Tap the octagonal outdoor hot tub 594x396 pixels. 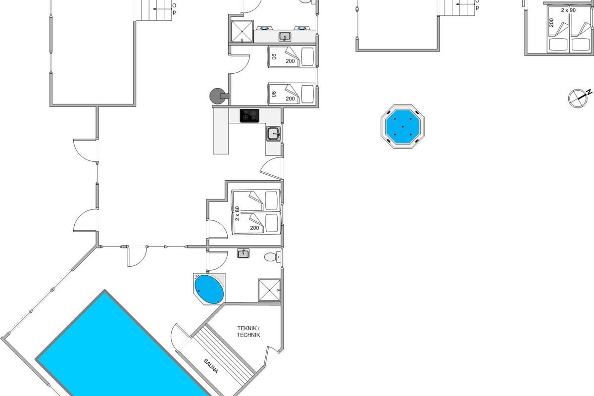click(402, 126)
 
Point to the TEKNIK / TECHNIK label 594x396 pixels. click(248, 332)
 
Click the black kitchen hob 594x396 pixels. click(249, 116)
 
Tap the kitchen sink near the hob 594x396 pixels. click(273, 133)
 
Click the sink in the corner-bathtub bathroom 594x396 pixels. click(243, 254)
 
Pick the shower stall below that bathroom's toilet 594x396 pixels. click(269, 290)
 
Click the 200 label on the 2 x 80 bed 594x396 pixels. click(254, 228)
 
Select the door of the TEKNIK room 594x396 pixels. click(272, 355)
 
